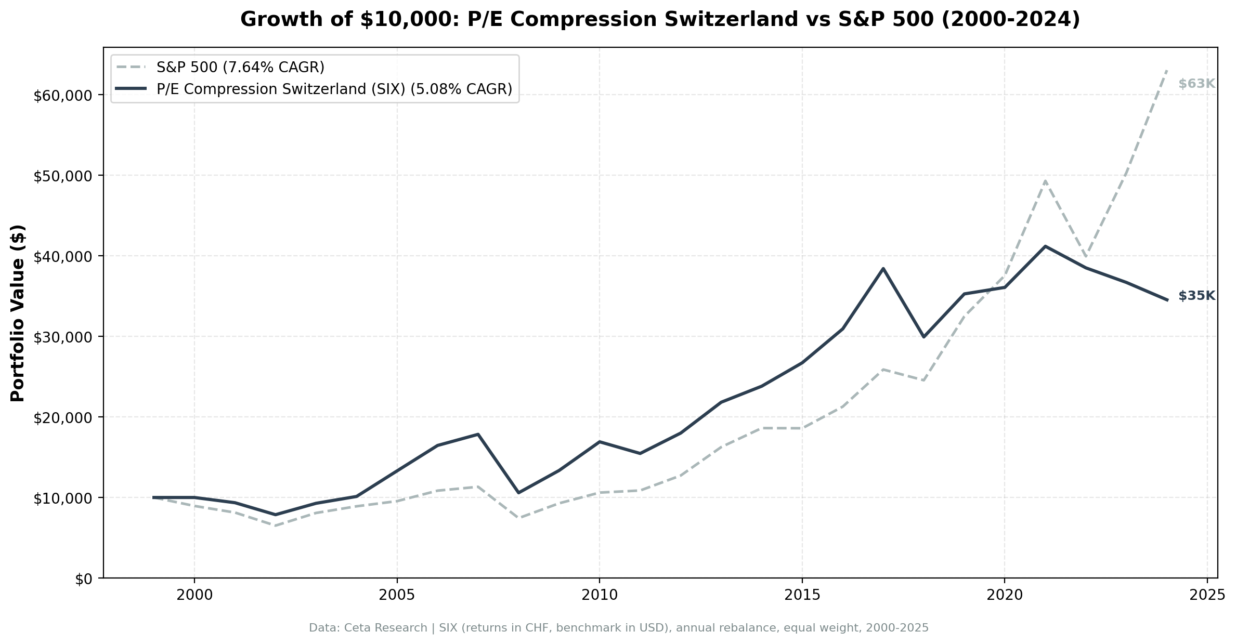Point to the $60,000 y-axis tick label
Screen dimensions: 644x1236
click(x=62, y=96)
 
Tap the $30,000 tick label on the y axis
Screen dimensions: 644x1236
click(x=62, y=337)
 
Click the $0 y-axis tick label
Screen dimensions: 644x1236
click(x=83, y=579)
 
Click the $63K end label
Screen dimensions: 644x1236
click(x=1196, y=84)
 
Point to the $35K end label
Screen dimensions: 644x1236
click(x=1196, y=296)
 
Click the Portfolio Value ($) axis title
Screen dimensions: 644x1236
click(x=18, y=313)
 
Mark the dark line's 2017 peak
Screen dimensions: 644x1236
click(x=883, y=269)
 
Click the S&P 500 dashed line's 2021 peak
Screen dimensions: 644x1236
click(x=1045, y=181)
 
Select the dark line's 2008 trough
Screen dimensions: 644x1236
click(x=518, y=492)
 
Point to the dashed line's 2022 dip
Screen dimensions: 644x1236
click(x=1085, y=256)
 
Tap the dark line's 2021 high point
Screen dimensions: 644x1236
click(x=1045, y=246)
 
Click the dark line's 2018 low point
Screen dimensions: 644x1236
click(x=923, y=337)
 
